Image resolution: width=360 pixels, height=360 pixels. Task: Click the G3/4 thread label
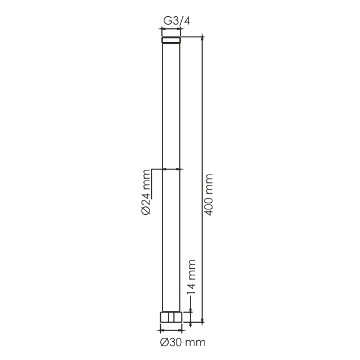(176, 21)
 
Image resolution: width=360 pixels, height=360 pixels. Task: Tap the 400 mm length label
(209, 194)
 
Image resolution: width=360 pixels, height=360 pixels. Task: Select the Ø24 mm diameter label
(146, 192)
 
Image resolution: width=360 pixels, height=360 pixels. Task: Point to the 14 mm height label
(191, 277)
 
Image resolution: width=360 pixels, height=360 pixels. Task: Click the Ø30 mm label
(183, 343)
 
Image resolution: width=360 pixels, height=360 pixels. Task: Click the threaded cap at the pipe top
(171, 40)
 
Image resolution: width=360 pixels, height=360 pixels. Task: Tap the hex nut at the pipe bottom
(171, 317)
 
